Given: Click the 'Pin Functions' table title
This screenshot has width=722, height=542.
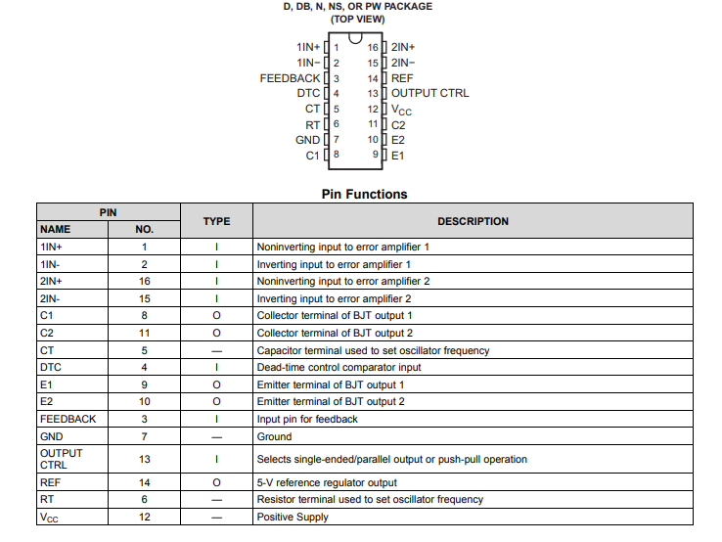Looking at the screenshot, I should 364,194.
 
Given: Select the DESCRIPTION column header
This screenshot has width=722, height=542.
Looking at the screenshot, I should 473,221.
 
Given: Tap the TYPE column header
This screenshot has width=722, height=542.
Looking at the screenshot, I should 216,221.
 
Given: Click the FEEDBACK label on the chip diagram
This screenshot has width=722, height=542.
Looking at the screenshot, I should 290,78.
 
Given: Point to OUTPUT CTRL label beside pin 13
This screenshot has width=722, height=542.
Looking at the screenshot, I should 429,93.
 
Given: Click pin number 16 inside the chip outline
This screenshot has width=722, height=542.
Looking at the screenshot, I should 373,47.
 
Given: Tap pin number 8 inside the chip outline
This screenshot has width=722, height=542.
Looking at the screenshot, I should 336,155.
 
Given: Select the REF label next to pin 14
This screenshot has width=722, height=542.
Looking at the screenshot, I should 402,78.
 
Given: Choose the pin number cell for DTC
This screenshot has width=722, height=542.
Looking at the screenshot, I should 144,367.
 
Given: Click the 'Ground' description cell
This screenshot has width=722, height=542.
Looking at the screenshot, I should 274,436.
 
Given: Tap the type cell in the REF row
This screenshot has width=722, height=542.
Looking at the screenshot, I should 216,481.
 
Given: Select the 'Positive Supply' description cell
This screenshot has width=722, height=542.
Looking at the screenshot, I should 293,517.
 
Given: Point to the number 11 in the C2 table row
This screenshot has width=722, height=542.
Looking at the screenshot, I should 144,333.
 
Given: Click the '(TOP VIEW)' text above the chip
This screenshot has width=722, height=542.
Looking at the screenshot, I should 357,19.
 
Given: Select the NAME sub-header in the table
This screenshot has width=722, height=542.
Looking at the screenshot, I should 56,229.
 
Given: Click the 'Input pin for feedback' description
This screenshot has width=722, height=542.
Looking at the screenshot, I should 307,419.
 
